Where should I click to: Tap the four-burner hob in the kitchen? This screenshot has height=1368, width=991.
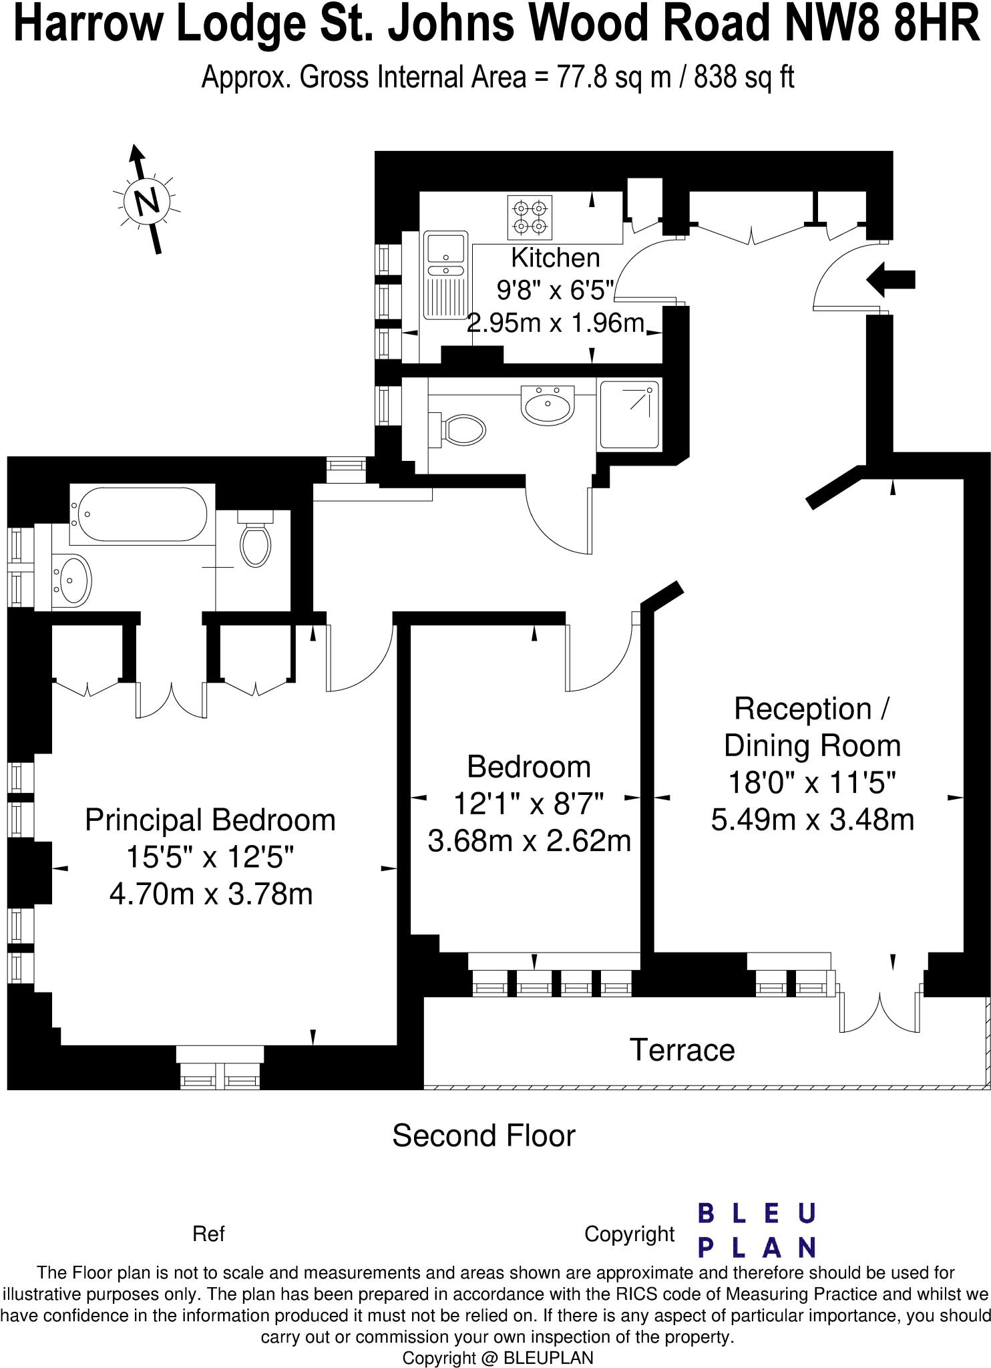pyautogui.click(x=530, y=218)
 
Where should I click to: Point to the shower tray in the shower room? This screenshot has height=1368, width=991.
pyautogui.click(x=629, y=414)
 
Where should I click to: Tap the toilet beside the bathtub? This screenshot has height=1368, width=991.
pyautogui.click(x=256, y=540)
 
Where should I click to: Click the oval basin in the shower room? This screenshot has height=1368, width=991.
pyautogui.click(x=548, y=404)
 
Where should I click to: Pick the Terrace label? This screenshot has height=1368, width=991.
pyautogui.click(x=682, y=1049)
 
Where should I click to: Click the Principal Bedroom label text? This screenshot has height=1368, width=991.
pyautogui.click(x=210, y=820)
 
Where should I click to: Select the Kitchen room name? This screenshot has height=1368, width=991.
pyautogui.click(x=555, y=257)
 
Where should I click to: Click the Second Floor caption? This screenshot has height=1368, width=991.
pyautogui.click(x=483, y=1136)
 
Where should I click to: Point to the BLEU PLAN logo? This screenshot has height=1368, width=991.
pyautogui.click(x=757, y=1230)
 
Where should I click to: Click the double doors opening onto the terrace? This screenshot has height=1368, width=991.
pyautogui.click(x=880, y=1010)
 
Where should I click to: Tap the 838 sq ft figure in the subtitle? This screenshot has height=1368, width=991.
pyautogui.click(x=744, y=78)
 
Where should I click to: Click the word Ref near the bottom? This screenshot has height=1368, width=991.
pyautogui.click(x=208, y=1234)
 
